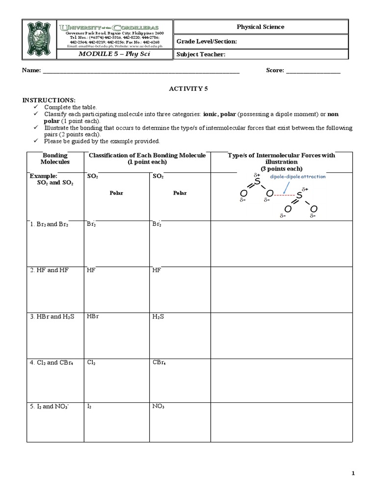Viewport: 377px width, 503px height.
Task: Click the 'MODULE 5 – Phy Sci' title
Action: point(114,54)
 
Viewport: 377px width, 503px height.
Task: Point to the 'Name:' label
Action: point(30,71)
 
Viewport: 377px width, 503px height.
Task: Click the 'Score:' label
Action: point(274,71)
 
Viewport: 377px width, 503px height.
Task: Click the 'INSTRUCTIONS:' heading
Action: point(49,100)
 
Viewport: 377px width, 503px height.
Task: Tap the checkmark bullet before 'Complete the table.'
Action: point(35,107)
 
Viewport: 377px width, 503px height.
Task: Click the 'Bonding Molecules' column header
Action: point(55,158)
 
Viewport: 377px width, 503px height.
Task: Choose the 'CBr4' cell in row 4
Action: point(159,363)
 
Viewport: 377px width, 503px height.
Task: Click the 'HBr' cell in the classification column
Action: point(93,316)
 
